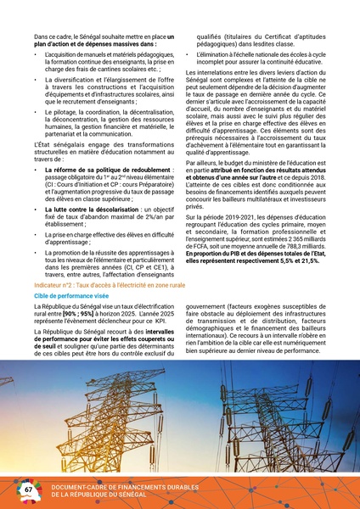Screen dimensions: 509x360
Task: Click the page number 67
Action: pyautogui.click(x=28, y=489)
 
